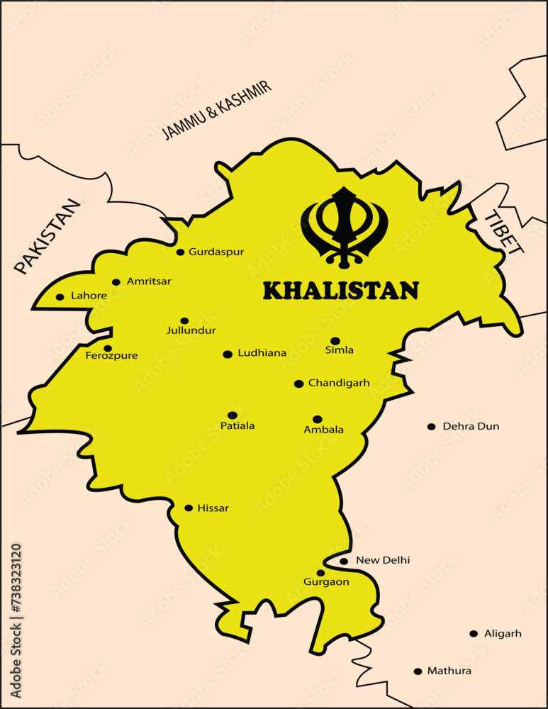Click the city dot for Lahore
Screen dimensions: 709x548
click(60, 297)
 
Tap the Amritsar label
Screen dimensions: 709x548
click(149, 281)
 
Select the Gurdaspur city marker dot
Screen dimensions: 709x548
click(180, 252)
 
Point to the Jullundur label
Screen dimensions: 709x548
click(191, 330)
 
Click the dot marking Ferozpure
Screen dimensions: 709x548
click(108, 348)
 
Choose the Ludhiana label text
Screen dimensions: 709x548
click(262, 353)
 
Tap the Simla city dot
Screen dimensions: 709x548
click(335, 341)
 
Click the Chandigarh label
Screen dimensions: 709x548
click(339, 383)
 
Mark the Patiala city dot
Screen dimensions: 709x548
click(233, 415)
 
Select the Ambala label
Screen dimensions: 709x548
click(323, 430)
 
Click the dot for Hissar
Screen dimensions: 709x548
click(189, 508)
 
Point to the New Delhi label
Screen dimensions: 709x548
click(383, 560)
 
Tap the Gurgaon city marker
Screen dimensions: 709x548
click(320, 573)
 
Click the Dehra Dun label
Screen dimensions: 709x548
click(471, 426)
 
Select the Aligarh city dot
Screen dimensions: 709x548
click(474, 633)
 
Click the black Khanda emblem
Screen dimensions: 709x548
click(345, 227)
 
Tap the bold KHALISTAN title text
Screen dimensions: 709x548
click(340, 291)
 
